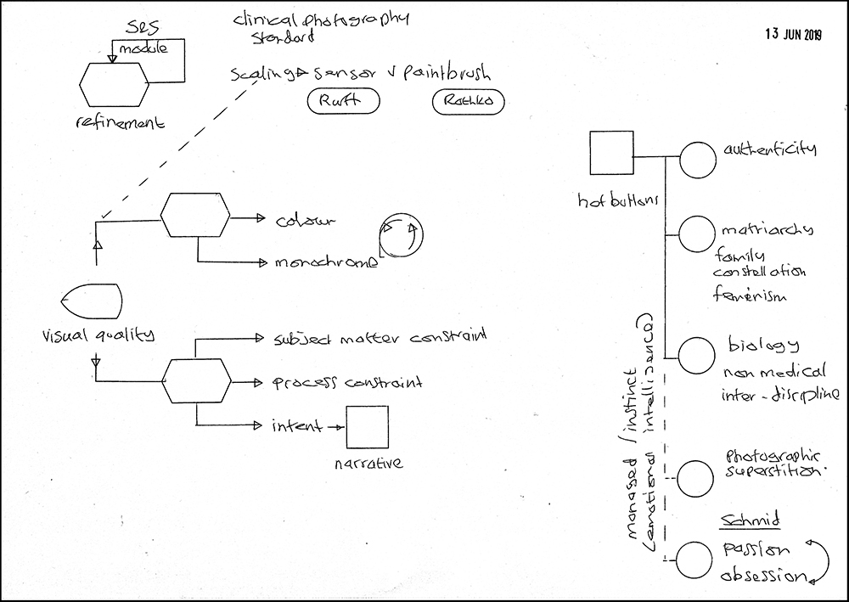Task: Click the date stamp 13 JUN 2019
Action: click(794, 34)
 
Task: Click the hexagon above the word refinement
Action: click(113, 82)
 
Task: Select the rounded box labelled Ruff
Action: click(343, 102)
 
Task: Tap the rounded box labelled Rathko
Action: click(468, 103)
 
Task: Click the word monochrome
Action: click(326, 262)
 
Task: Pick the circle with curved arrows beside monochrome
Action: click(400, 239)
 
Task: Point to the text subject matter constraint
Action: click(380, 338)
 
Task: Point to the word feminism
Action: click(751, 296)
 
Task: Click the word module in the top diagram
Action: click(137, 50)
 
